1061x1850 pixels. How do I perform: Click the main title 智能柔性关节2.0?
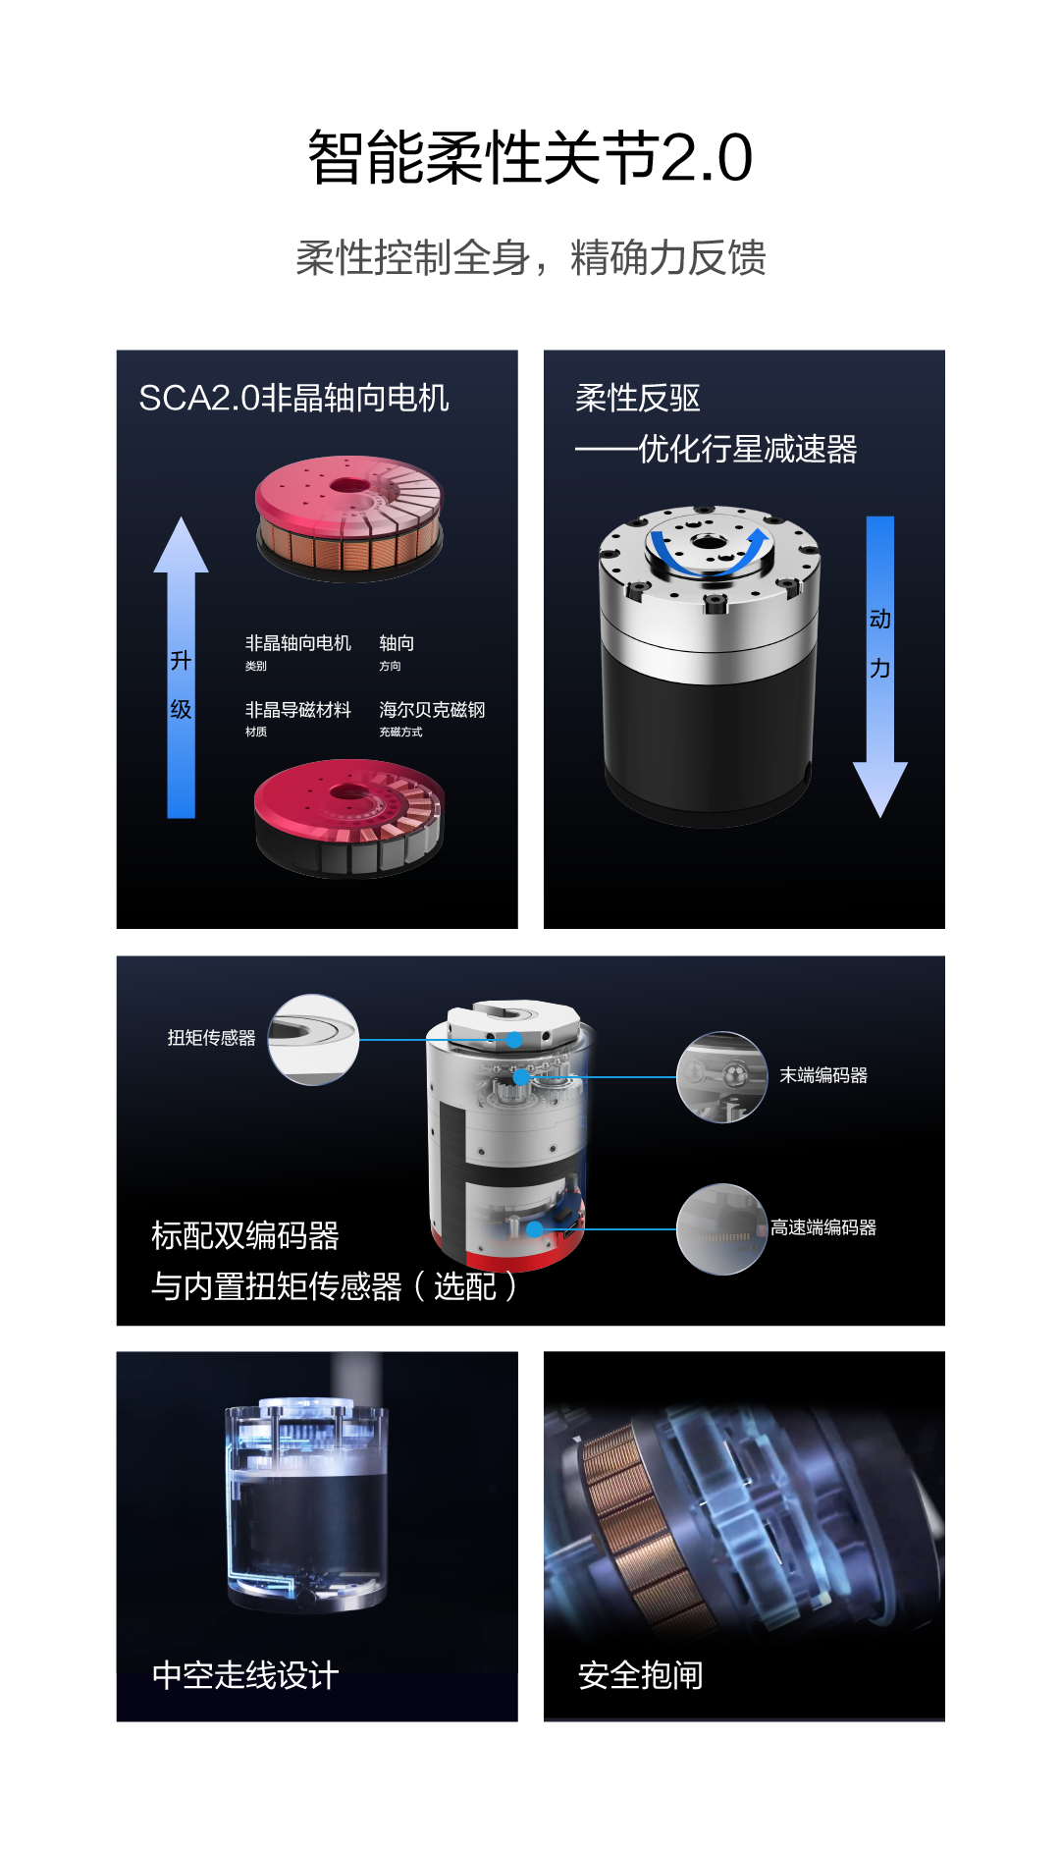coord(530,157)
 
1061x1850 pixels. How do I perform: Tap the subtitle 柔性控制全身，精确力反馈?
coord(530,258)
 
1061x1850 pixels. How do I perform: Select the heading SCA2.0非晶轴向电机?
coord(293,398)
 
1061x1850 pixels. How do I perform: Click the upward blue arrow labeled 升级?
coord(181,668)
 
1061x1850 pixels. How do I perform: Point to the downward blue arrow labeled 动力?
coord(879,668)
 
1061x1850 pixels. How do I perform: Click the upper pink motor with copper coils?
coord(349,518)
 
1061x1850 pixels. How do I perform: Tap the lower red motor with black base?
coord(349,818)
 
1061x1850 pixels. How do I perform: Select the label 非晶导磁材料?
coord(297,710)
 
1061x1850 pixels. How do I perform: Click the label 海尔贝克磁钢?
coord(432,710)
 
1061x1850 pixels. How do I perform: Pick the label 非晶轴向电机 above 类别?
coord(297,643)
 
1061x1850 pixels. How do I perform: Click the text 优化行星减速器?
coord(747,449)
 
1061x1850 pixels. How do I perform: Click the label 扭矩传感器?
coord(211,1038)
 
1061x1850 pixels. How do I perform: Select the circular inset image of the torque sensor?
coord(313,1040)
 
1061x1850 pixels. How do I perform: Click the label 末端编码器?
coord(823,1075)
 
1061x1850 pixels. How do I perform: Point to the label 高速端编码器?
coord(823,1227)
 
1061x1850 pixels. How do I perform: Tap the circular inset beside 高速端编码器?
coord(721,1229)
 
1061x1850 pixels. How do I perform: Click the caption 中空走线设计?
coord(245,1675)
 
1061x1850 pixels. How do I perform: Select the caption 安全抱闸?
coord(641,1675)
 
